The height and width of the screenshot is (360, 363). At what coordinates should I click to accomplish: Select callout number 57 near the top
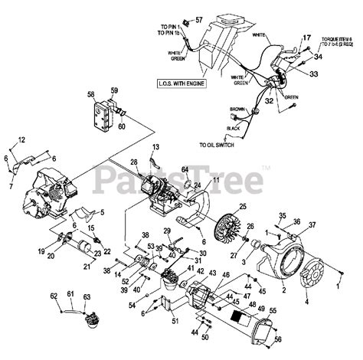[x=199, y=19]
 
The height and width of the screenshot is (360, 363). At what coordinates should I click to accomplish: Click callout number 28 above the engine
[x=132, y=162]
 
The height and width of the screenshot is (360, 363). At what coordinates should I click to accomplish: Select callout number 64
[x=185, y=169]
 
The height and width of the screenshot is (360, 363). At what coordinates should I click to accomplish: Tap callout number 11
[x=216, y=179]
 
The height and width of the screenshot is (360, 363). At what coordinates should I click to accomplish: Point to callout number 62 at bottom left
[x=54, y=294]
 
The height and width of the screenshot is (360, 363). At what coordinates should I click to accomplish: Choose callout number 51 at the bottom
[x=175, y=321]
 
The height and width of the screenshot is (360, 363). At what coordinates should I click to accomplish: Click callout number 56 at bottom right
[x=277, y=339]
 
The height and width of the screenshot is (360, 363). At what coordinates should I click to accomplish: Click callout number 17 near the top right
[x=307, y=38]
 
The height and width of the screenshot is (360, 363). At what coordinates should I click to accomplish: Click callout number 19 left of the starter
[x=41, y=250]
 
